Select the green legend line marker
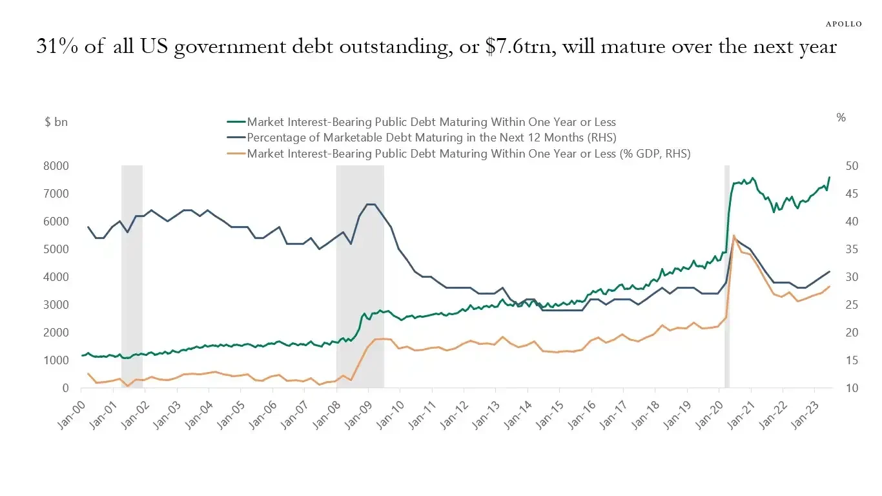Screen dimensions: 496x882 tap(236, 121)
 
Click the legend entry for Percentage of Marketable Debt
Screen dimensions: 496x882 tap(431, 138)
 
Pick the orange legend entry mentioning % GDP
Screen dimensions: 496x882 tap(469, 154)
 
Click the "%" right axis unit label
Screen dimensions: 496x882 tap(841, 118)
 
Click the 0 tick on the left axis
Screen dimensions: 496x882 tap(65, 388)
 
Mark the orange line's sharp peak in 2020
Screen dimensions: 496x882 tap(733, 236)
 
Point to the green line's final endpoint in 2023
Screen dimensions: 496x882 tap(829, 177)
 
